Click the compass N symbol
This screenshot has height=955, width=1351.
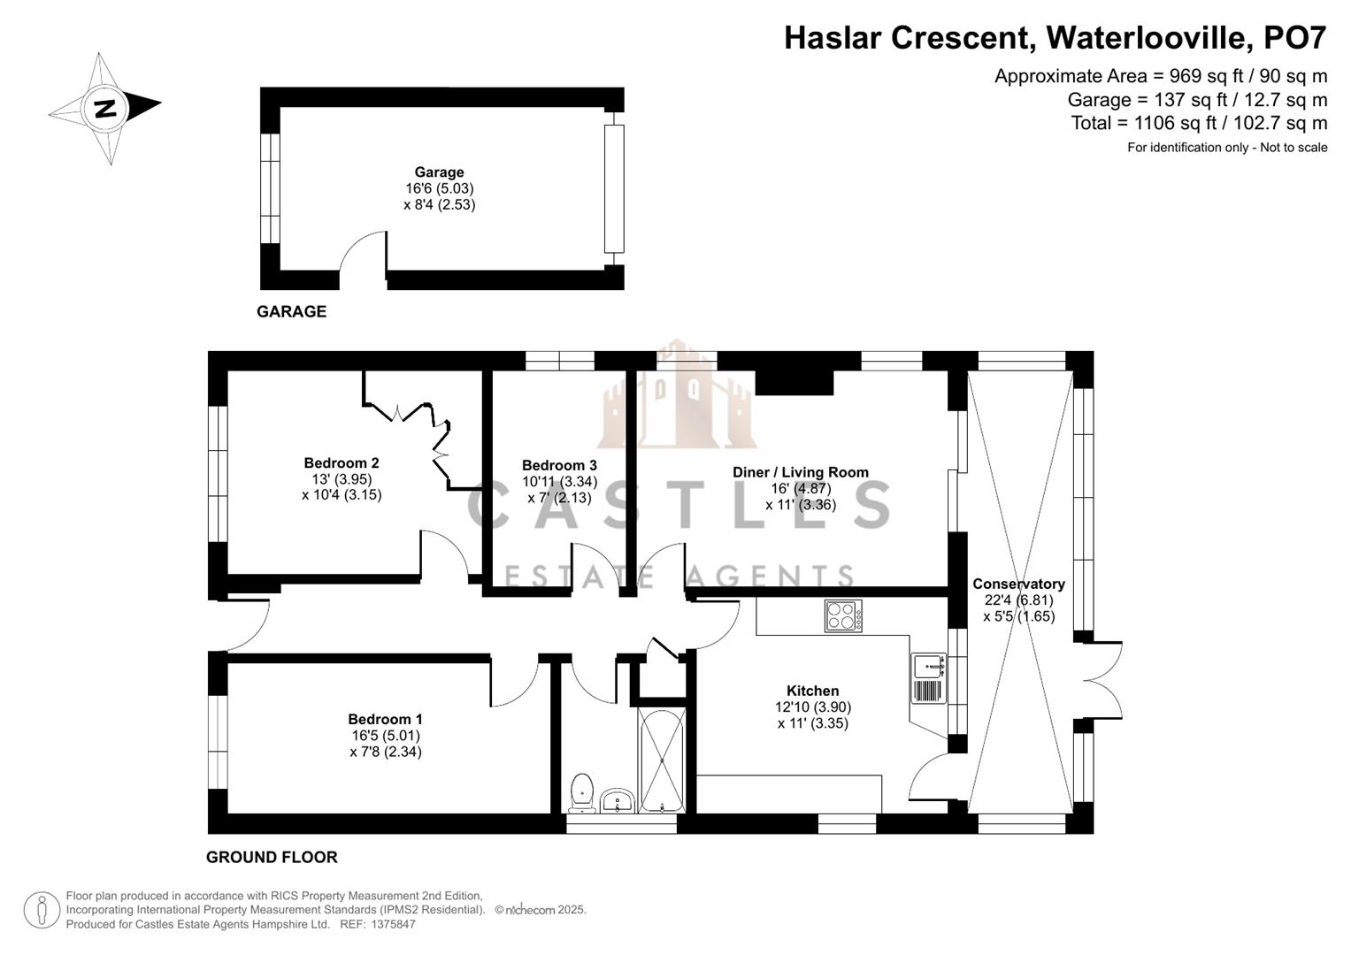pos(105,108)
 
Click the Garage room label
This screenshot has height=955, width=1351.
pos(439,172)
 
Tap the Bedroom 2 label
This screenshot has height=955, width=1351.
pos(342,462)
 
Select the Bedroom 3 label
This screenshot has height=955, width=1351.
pos(559,465)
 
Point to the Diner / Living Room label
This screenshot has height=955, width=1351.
pos(800,472)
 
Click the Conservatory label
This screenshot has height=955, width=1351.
pos(1018,584)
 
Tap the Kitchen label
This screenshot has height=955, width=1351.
pos(812,691)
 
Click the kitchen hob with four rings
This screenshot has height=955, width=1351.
pos(842,615)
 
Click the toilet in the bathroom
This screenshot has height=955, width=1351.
pos(582,792)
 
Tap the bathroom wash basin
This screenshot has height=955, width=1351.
pos(617,801)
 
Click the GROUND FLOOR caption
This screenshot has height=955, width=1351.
pos(272,857)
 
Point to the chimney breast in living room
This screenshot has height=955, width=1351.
pos(794,381)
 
